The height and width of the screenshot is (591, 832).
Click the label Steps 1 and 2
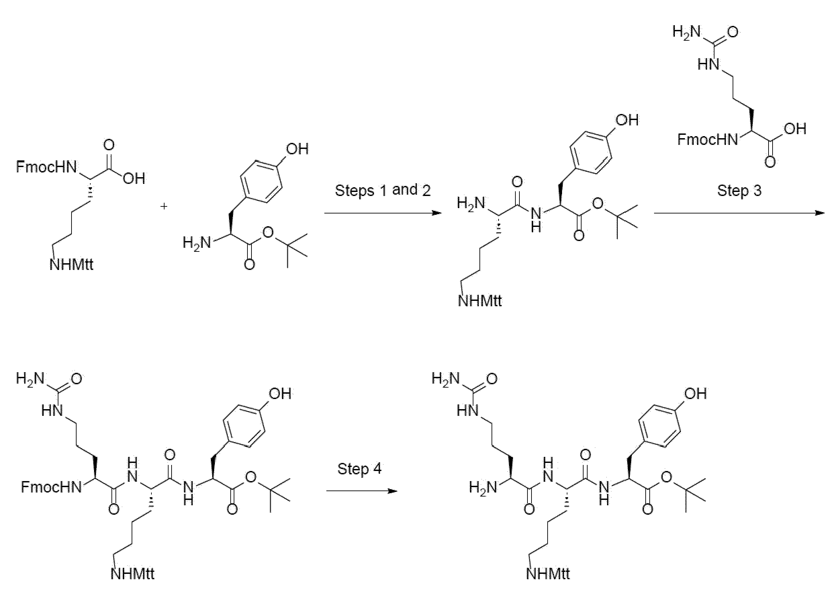pyautogui.click(x=383, y=191)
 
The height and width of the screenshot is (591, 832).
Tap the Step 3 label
pyautogui.click(x=739, y=191)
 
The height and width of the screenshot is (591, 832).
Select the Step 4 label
pyautogui.click(x=360, y=469)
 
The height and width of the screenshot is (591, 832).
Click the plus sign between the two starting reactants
pyautogui.click(x=164, y=207)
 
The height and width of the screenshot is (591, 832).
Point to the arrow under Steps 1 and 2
pyautogui.click(x=383, y=213)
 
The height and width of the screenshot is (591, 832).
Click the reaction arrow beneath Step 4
pyautogui.click(x=362, y=491)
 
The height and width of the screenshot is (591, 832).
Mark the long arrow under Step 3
pyautogui.click(x=740, y=213)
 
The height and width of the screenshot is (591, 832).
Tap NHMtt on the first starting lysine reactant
pyautogui.click(x=71, y=265)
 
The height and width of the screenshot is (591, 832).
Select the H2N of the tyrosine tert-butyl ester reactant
pyautogui.click(x=197, y=242)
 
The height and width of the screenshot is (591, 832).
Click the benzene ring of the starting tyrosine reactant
pyautogui.click(x=261, y=181)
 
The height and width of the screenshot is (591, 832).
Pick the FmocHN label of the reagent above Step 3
pyautogui.click(x=708, y=140)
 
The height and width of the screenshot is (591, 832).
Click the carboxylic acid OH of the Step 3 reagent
pyautogui.click(x=795, y=129)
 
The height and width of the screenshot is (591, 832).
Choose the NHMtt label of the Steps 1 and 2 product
pyautogui.click(x=480, y=301)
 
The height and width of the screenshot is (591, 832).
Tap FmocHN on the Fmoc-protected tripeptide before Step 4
pyautogui.click(x=51, y=487)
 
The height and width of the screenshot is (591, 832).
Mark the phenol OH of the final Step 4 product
pyautogui.click(x=696, y=394)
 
